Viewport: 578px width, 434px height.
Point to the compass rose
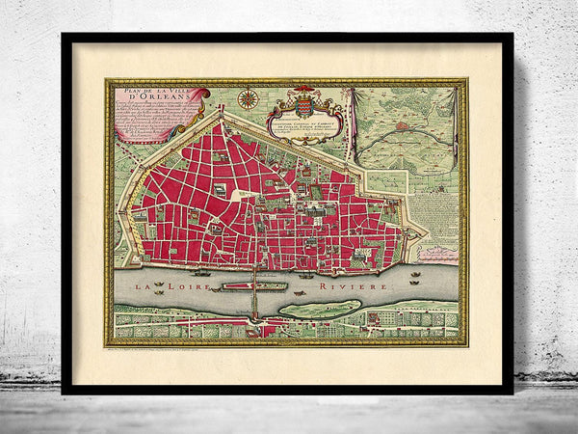coord(249,97)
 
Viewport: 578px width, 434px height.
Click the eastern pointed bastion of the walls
coord(425,231)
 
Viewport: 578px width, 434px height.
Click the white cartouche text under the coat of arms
coord(304,127)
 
